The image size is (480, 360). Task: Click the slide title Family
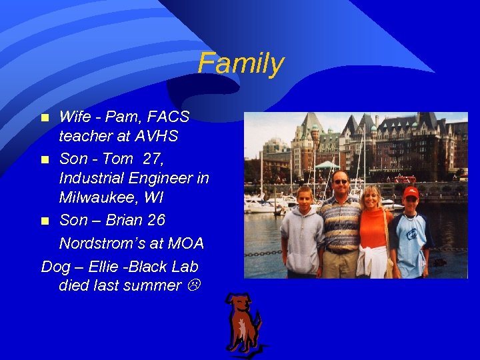point(241,64)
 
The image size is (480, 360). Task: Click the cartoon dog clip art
point(243,324)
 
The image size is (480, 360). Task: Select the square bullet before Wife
point(45,118)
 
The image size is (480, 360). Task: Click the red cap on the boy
point(411,192)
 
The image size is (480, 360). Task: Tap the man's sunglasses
point(340,181)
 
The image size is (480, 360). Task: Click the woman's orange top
point(373,227)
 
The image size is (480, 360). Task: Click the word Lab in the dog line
point(185,267)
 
